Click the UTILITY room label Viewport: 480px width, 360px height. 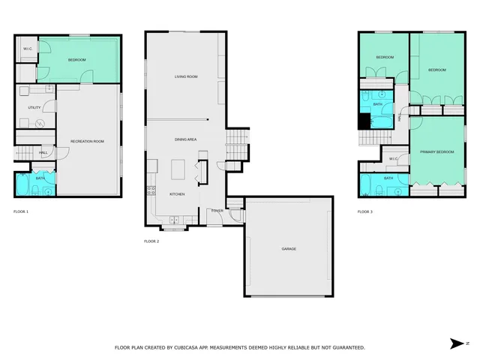point(34,108)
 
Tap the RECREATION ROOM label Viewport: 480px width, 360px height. point(86,141)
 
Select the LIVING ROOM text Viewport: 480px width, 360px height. point(185,76)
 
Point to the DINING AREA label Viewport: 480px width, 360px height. point(185,139)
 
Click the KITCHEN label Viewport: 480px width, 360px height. point(177,193)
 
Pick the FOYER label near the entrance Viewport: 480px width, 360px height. point(217,211)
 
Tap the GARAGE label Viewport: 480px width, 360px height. point(289,248)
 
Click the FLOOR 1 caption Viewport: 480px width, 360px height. point(21,212)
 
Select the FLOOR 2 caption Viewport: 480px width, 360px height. point(151,241)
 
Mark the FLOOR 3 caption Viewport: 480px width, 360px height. point(365,212)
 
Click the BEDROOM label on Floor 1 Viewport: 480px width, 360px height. point(77,60)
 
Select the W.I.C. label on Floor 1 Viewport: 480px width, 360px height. point(27,49)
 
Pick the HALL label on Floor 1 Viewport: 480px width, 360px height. point(43,152)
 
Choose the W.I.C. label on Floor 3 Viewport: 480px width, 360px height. point(394,159)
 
